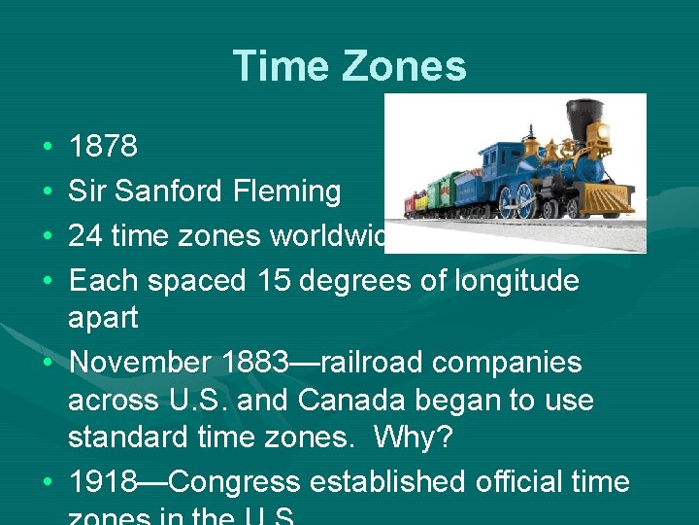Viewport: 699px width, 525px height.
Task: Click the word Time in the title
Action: (x=276, y=67)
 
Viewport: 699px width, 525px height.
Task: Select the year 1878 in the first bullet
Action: (x=104, y=147)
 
